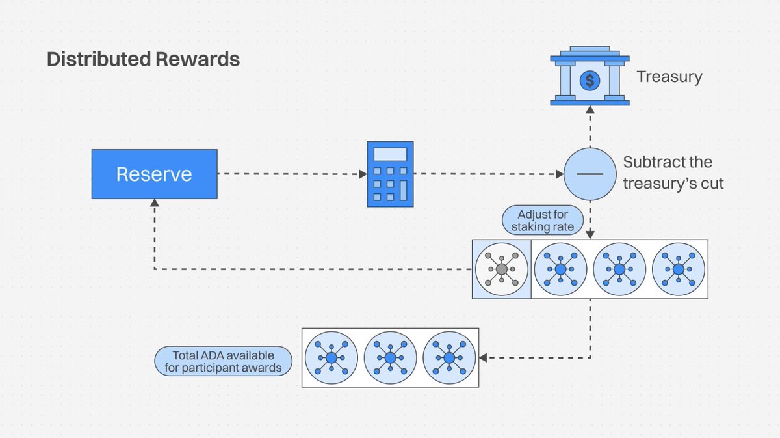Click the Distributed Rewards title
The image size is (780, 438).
143,60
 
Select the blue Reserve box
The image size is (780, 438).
154,174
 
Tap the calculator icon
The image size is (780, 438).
390,174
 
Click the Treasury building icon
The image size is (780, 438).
590,76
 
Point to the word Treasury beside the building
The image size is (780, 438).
669,77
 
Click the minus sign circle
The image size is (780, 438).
590,174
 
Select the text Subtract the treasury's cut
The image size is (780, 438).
673,173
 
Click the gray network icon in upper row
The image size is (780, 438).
501,269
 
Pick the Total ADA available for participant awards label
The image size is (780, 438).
223,362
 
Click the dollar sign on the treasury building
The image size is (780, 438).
590,81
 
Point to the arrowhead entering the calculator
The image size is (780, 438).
363,174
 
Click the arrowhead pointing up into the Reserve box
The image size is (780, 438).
154,204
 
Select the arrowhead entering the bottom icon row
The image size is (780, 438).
484,357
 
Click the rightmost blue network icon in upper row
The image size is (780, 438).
679,269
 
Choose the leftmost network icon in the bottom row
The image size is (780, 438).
331,357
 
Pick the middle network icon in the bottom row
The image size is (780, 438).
390,357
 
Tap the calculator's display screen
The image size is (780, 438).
390,154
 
